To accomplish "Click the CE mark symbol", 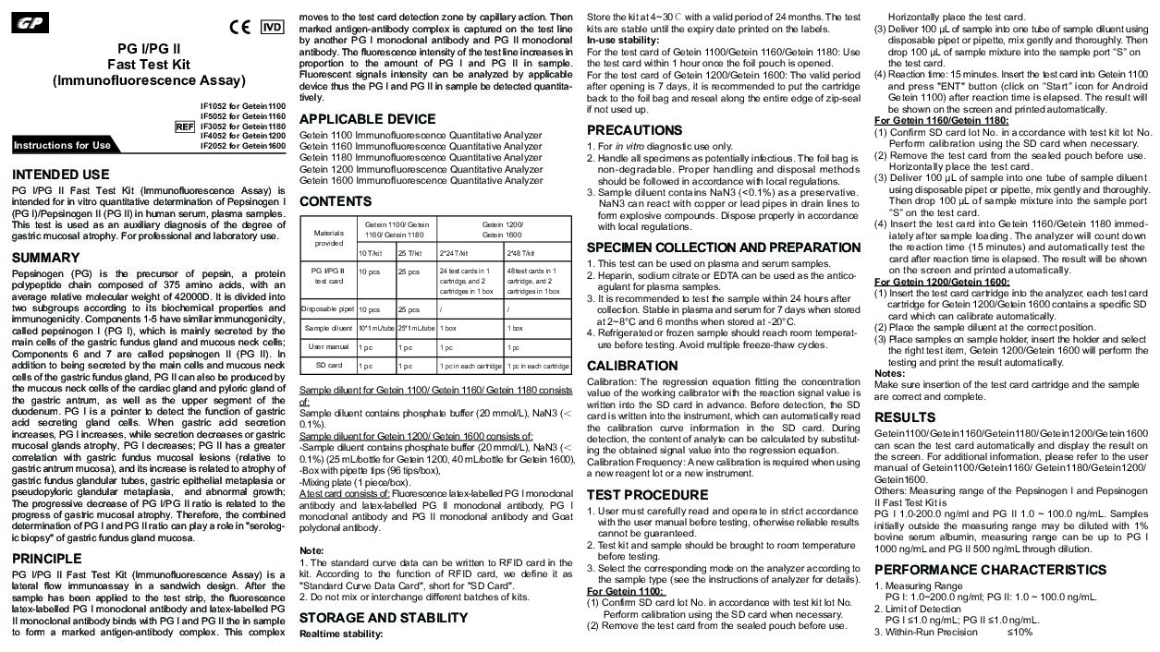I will coord(239,27).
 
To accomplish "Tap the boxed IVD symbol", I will coord(272,27).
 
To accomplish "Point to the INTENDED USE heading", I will coord(60,175).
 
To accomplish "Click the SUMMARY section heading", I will coord(46,258).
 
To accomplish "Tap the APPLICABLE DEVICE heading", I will coord(367,119).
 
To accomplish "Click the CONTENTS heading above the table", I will coord(336,201).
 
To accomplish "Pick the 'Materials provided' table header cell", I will coord(328,237).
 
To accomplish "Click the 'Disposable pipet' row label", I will coord(328,309).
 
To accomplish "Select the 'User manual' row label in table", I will coord(328,347).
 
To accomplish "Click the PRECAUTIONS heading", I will coord(634,130).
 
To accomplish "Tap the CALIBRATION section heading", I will coord(633,366).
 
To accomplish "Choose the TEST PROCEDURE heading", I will coord(647,495).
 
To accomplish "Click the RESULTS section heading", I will coord(905,417).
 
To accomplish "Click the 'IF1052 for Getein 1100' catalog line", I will coord(243,107).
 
